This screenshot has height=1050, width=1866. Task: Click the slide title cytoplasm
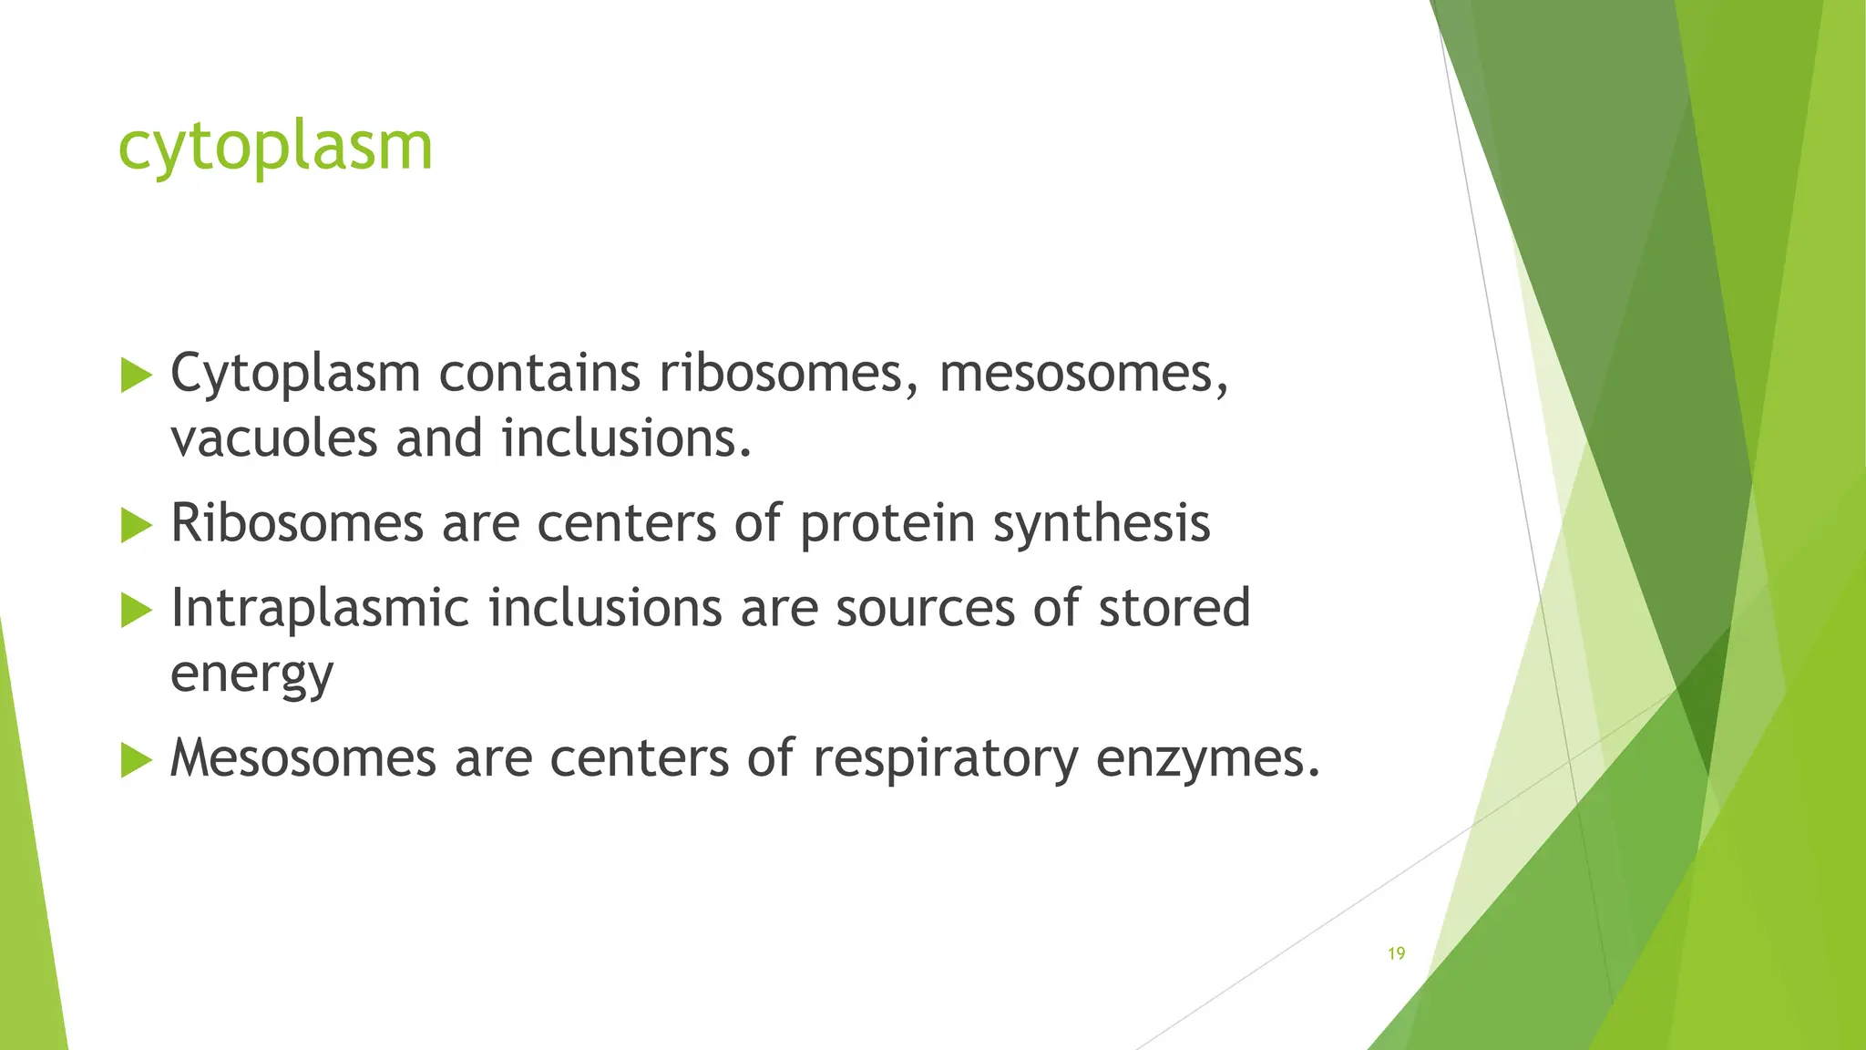coord(275,148)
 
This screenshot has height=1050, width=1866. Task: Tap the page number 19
coord(1396,953)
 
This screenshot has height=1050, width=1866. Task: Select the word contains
coord(539,373)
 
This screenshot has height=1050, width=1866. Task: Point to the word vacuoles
coord(273,438)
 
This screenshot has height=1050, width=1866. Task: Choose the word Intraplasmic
coord(320,608)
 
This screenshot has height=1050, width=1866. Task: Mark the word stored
coord(1174,608)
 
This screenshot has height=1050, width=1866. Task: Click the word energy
coord(252,675)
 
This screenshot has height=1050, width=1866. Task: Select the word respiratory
coord(945,758)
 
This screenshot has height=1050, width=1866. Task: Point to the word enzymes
coord(1208,758)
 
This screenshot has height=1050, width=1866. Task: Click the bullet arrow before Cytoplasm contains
coord(136,376)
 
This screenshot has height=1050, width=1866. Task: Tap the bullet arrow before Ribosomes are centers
coord(136,525)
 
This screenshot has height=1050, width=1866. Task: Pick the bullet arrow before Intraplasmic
coord(136,610)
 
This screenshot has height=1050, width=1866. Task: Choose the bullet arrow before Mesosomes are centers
coord(136,759)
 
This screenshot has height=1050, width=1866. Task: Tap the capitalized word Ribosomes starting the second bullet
coord(297,524)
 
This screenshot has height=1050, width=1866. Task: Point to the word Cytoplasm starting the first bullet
coord(295,373)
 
